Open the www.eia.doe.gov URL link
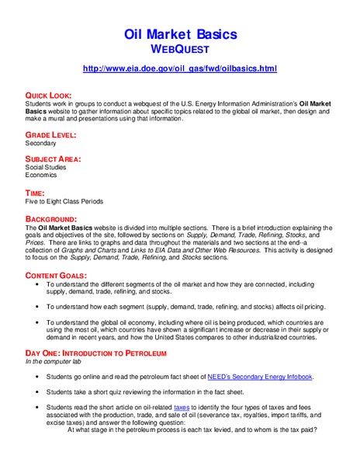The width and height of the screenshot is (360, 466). click(x=179, y=69)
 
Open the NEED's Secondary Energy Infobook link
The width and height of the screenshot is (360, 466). click(x=260, y=377)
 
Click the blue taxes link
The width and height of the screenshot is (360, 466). click(x=182, y=406)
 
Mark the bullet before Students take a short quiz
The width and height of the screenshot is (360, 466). click(x=38, y=392)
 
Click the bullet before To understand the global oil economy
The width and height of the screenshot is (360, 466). click(x=38, y=321)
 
